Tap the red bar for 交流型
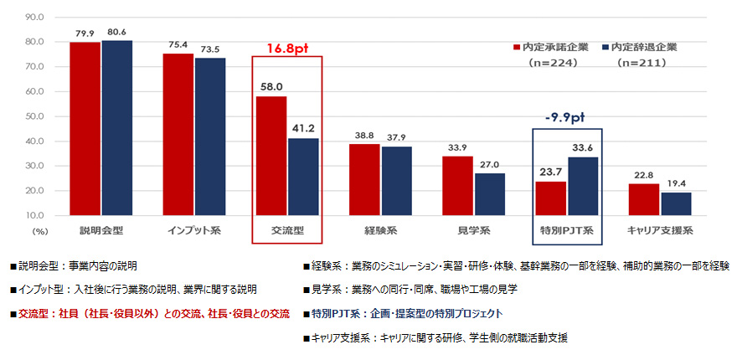click(271, 156)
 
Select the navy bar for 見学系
click(489, 194)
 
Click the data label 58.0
click(271, 87)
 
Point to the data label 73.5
click(209, 49)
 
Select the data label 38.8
click(364, 135)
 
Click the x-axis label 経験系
click(379, 229)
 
